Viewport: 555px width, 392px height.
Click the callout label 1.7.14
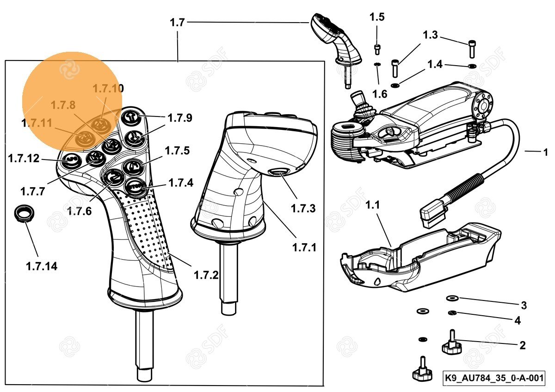coord(42,266)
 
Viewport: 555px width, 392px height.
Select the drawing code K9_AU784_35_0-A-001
coord(493,378)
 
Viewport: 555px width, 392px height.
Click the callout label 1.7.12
coord(24,159)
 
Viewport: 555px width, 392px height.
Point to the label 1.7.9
coord(179,118)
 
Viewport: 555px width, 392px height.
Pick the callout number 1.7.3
coord(303,208)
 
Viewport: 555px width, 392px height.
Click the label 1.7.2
coord(206,276)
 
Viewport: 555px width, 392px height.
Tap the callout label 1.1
coord(373,204)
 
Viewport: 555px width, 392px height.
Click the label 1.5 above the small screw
coord(377,18)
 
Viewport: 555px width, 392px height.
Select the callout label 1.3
coord(430,35)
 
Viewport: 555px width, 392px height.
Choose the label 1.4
coord(435,64)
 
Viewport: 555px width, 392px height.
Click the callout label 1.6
coord(380,94)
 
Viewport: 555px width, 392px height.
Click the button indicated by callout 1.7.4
coord(136,187)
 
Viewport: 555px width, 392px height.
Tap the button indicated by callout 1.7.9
coord(130,117)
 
